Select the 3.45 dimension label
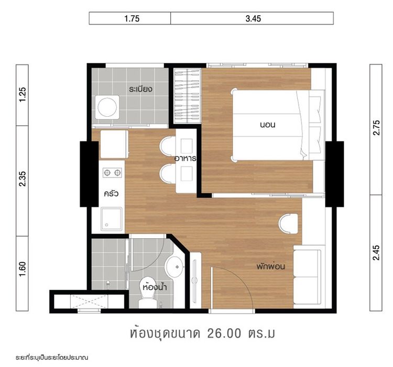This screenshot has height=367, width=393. coord(253,18)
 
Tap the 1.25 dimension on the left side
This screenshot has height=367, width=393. coord(22,95)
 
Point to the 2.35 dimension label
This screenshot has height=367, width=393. coord(22,180)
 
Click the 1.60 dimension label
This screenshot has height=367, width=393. coord(22,272)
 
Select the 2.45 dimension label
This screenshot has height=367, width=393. coord(376,252)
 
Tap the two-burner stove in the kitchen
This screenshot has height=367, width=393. coord(112,172)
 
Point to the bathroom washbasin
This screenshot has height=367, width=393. coord(174,267)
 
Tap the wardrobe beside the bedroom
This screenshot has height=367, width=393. coord(187,96)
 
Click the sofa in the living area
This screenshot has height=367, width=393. coord(307,276)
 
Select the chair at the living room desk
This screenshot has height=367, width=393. coord(288,224)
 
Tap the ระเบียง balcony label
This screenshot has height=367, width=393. coord(140,88)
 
